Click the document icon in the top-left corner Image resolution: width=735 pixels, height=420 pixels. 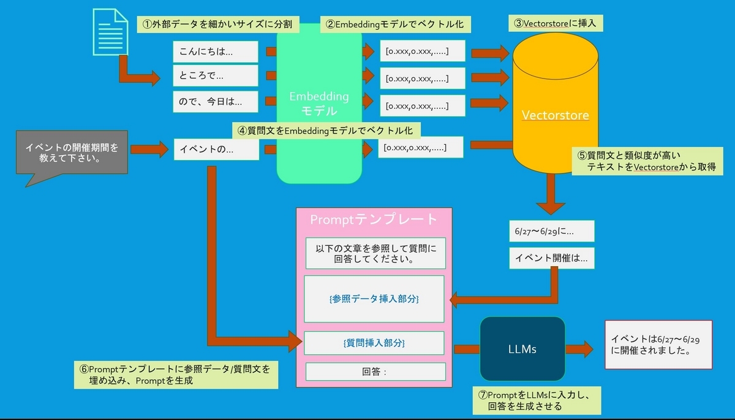pyautogui.click(x=110, y=32)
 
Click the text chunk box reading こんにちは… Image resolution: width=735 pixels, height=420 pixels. pyautogui.click(x=216, y=52)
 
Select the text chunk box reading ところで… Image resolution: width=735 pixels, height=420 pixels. pyautogui.click(x=216, y=75)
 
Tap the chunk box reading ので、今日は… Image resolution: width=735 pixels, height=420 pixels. pyautogui.click(x=216, y=102)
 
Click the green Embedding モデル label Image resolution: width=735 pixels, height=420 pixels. pyautogui.click(x=319, y=104)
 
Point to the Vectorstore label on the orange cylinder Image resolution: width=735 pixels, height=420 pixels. pyautogui.click(x=555, y=115)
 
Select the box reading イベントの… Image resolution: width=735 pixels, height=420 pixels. pyautogui.click(x=217, y=150)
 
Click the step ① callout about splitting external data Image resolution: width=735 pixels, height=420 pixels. pyautogui.click(x=218, y=25)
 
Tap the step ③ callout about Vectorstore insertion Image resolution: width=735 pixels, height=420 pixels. pyautogui.click(x=556, y=23)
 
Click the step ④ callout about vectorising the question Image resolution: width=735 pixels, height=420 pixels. pyautogui.click(x=326, y=131)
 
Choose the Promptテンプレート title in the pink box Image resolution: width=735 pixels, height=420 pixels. pyautogui.click(x=374, y=220)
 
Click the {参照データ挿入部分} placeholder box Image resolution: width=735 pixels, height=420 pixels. pyautogui.click(x=374, y=299)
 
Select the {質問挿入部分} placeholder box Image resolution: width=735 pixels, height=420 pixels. pyautogui.click(x=374, y=343)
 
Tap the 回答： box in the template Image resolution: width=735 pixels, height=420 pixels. pyautogui.click(x=375, y=372)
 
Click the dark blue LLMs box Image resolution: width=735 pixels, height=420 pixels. pyautogui.click(x=522, y=349)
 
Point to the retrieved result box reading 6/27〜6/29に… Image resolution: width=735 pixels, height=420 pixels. pyautogui.click(x=552, y=231)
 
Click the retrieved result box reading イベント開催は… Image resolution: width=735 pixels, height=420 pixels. pyautogui.click(x=552, y=258)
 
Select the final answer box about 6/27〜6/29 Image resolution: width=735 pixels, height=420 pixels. pyautogui.click(x=658, y=345)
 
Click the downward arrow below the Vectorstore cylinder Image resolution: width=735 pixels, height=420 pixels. pyautogui.click(x=551, y=194)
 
